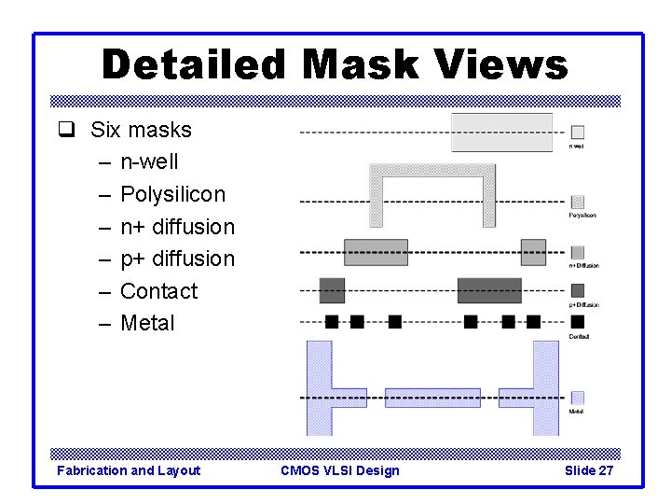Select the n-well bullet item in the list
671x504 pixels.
tap(149, 162)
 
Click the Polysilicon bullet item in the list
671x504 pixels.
tap(172, 194)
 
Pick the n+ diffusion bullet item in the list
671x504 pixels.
tap(177, 227)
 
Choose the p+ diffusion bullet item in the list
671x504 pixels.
tap(177, 259)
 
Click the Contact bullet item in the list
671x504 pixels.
tap(158, 291)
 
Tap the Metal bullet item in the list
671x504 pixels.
tap(147, 323)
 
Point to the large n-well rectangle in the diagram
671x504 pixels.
tap(501, 133)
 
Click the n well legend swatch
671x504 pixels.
tap(578, 133)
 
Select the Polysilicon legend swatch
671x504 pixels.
tap(578, 202)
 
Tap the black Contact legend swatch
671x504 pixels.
tap(578, 322)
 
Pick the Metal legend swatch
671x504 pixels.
tap(578, 398)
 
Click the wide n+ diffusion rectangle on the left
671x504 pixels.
tap(376, 252)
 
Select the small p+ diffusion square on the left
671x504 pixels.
tap(332, 290)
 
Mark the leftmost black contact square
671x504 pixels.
tap(332, 322)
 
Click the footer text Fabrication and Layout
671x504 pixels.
tap(129, 470)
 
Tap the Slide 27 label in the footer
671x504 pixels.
tap(589, 470)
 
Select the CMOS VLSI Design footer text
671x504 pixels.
tap(339, 470)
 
